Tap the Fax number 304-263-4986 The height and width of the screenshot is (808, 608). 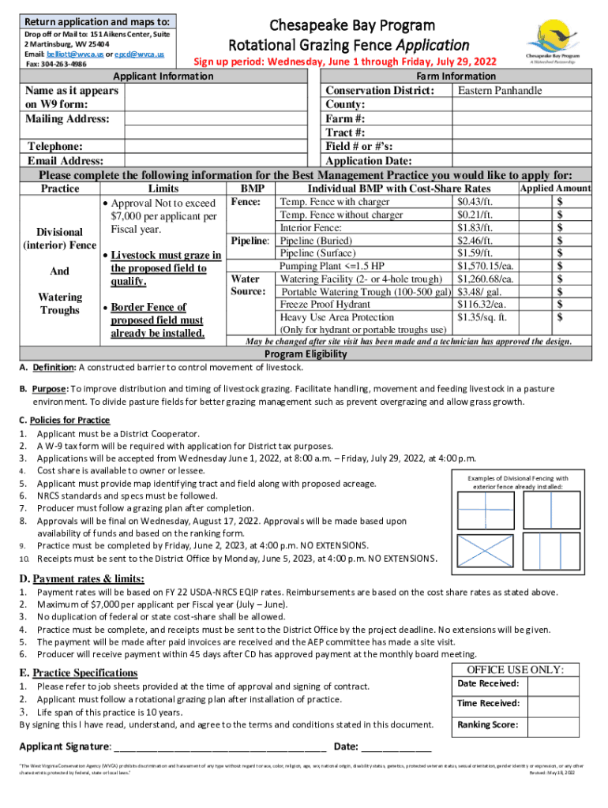tap(55, 64)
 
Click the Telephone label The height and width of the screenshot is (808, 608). tap(55, 147)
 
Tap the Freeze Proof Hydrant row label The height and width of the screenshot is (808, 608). tap(325, 304)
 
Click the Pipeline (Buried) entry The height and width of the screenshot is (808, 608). tap(316, 241)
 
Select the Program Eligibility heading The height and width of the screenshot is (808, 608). tap(304, 354)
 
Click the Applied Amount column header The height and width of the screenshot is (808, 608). tap(554, 189)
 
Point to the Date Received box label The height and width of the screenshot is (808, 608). tap(488, 683)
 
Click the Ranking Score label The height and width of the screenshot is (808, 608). tap(488, 724)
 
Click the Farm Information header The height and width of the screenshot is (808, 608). tap(456, 77)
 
